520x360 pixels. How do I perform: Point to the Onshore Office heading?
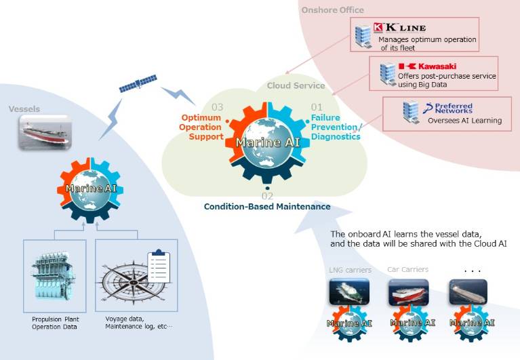pos(332,10)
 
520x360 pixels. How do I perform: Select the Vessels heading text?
pos(24,108)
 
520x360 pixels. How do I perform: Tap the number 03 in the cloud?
pos(217,107)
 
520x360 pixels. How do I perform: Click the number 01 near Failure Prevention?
pos(317,107)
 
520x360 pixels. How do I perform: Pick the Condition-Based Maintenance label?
pos(267,206)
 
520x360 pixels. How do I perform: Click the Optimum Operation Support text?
pos(201,127)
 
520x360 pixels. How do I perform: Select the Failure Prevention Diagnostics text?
pos(336,127)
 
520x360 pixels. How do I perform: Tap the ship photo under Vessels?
pos(44,132)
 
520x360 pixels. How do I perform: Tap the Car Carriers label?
pos(407,269)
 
